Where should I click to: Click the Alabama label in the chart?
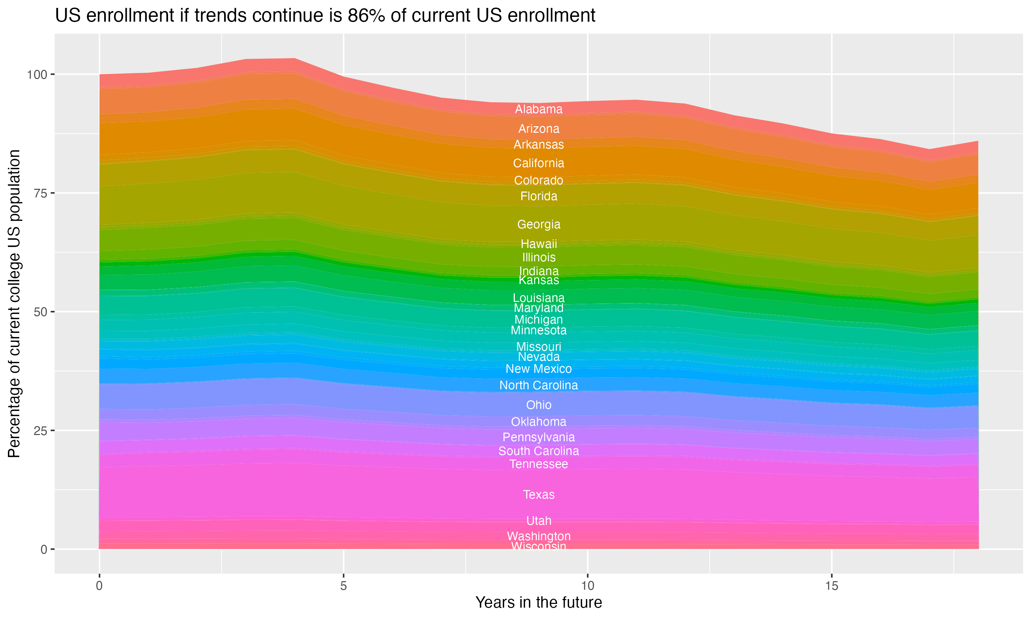coord(539,109)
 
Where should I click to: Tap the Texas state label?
coord(539,495)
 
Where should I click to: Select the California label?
coord(539,163)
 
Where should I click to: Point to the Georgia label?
coord(539,225)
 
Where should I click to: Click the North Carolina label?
coord(539,385)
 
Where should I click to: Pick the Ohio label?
coord(539,405)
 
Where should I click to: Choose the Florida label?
coord(539,196)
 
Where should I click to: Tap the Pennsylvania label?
coord(539,437)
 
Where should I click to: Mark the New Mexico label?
coord(539,369)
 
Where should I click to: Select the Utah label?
coord(539,521)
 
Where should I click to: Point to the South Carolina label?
coord(539,451)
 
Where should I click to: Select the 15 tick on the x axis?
coord(831,586)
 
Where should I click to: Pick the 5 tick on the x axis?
coord(343,586)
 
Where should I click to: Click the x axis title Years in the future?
coord(539,602)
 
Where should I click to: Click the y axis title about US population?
coord(14,303)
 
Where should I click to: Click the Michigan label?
coord(539,319)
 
